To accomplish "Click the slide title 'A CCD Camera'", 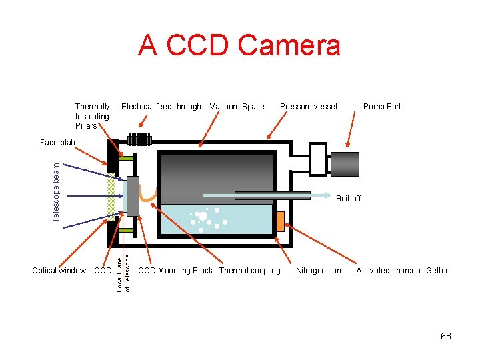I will coord(239,46).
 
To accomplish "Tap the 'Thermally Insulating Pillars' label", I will coord(92,116).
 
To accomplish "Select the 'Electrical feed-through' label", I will coord(161,107).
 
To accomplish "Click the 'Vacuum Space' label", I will coord(237,107).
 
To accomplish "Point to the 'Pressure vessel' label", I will coord(308,107).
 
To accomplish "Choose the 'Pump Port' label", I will coord(382,107).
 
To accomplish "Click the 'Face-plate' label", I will coord(59,143).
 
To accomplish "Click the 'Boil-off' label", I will coord(348,199).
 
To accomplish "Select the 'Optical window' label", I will coord(59,271).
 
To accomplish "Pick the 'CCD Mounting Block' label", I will coord(175,271).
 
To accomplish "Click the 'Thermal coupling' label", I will coord(250,271).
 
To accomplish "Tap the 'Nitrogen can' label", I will coord(318,271).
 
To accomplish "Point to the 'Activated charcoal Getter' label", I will coord(403,271).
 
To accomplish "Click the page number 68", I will coord(445,336).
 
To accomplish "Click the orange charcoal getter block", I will coord(280,221).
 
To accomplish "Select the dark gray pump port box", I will coord(345,164).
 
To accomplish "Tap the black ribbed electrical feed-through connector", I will coord(139,140).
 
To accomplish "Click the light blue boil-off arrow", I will coord(267,195).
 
